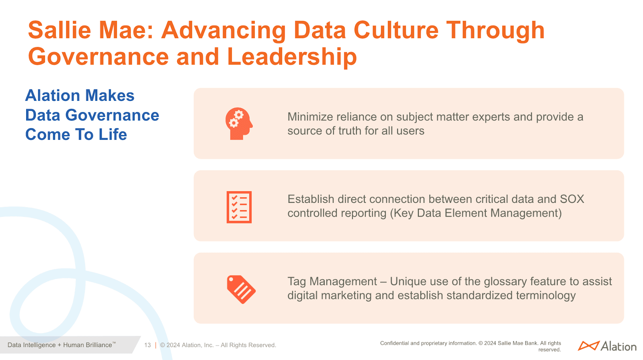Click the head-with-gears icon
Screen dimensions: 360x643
point(239,124)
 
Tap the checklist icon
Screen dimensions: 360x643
point(239,207)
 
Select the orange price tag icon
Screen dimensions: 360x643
point(241,289)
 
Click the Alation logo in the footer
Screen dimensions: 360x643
point(607,346)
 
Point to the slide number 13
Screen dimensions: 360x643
point(147,345)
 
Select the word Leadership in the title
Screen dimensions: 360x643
point(292,57)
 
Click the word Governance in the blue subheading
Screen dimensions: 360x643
point(112,115)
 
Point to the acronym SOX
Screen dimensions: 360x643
point(572,199)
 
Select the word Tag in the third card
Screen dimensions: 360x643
point(297,282)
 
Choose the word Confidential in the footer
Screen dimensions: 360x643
point(394,343)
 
